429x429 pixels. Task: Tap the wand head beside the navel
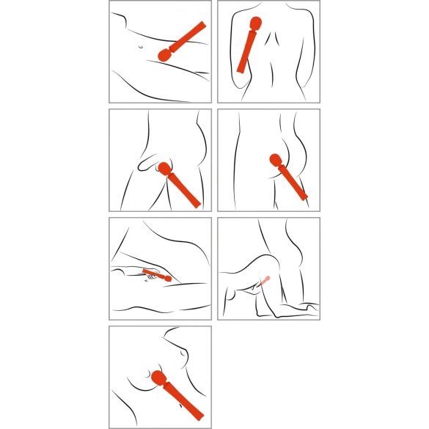164,54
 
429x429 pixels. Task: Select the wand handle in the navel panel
189,36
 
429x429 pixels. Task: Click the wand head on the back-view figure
255,23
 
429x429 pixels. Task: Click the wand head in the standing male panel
163,170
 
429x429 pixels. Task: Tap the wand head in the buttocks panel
275,161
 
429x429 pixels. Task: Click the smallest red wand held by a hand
158,276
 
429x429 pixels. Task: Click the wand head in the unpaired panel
156,379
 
